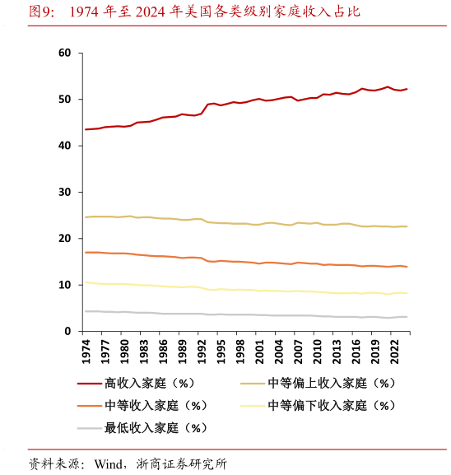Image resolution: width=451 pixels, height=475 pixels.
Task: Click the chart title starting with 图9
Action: tap(193, 12)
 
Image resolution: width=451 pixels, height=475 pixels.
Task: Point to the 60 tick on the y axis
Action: tap(66, 54)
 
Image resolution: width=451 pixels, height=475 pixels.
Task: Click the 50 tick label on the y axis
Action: tap(66, 100)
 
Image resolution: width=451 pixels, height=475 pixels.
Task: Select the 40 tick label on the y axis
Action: tap(66, 146)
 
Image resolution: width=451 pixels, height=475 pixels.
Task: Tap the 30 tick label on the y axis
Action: tap(66, 192)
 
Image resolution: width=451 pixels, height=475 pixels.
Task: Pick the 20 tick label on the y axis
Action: tap(66, 238)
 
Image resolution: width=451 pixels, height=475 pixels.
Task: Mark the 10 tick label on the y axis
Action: tap(66, 285)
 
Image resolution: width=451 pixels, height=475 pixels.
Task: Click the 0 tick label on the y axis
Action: tap(69, 331)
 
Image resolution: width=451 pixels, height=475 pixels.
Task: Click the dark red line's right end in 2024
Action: tap(407, 89)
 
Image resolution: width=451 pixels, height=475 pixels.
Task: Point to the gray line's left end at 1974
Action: tap(86, 311)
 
